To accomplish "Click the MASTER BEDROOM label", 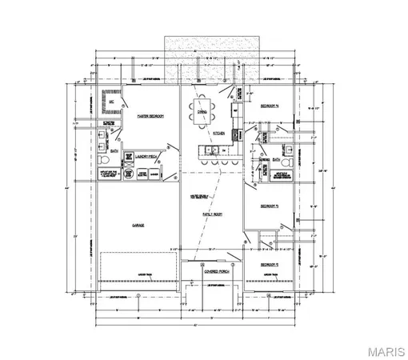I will click(150, 117).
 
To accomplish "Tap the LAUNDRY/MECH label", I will click(146, 157).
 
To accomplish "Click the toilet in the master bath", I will click(103, 160).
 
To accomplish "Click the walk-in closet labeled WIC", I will click(113, 103).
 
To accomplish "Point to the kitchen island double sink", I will click(212, 150).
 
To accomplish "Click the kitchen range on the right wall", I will click(237, 134).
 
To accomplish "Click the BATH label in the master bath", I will click(114, 150).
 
